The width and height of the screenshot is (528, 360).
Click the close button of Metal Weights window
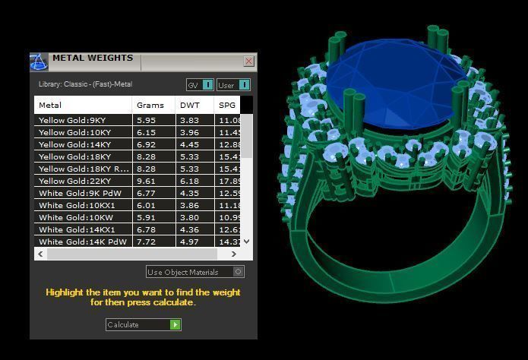pos(248,62)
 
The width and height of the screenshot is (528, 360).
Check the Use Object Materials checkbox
pos(239,272)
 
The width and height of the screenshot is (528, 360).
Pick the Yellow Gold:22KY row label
pos(74,181)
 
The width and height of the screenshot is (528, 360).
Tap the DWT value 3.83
pos(189,120)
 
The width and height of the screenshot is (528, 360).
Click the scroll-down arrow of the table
pos(245,242)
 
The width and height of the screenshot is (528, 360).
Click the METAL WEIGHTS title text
pos(93,58)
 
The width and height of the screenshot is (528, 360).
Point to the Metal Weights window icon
pos(39,62)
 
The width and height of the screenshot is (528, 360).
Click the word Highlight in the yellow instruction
pos(64,292)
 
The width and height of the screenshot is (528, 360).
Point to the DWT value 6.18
pos(189,181)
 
